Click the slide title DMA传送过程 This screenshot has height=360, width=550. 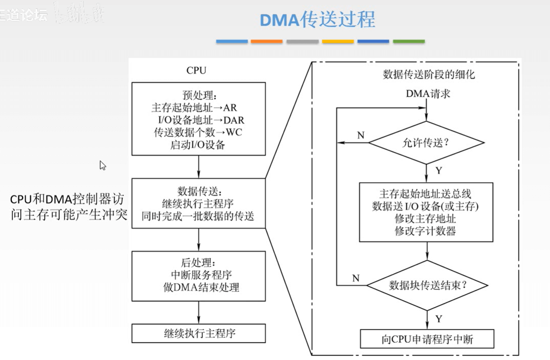coord(318,20)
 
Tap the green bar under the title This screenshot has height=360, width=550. coord(409,42)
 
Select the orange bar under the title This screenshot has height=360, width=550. coord(266,42)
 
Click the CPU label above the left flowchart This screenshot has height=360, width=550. coord(196,70)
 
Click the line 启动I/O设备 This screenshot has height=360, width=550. coord(198,144)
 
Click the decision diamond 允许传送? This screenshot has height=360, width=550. coord(426,142)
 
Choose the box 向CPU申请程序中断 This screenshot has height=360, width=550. coord(427,339)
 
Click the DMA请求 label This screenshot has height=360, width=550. coord(428,93)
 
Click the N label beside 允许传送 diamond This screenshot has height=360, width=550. coord(360,135)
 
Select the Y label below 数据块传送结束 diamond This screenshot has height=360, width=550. coord(439,319)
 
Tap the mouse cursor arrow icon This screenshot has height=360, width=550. coord(103,165)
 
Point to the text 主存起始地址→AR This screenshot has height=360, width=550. coord(194,107)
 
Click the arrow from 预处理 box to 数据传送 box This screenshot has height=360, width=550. coord(198,166)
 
